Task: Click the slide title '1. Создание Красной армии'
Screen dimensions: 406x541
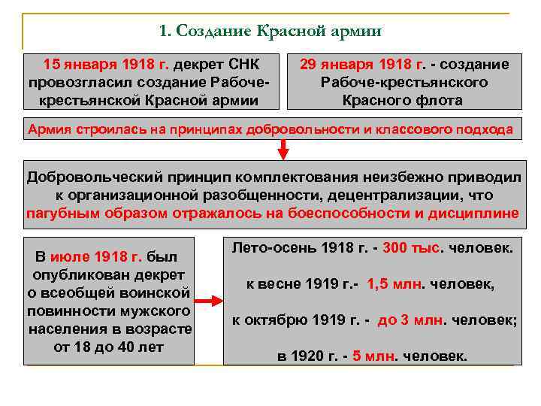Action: pyautogui.click(x=271, y=32)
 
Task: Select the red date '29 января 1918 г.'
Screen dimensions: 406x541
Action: pyautogui.click(x=362, y=65)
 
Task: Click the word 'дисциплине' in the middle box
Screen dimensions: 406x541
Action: pyautogui.click(x=474, y=213)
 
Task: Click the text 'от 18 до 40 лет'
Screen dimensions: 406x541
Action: pyautogui.click(x=109, y=347)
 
